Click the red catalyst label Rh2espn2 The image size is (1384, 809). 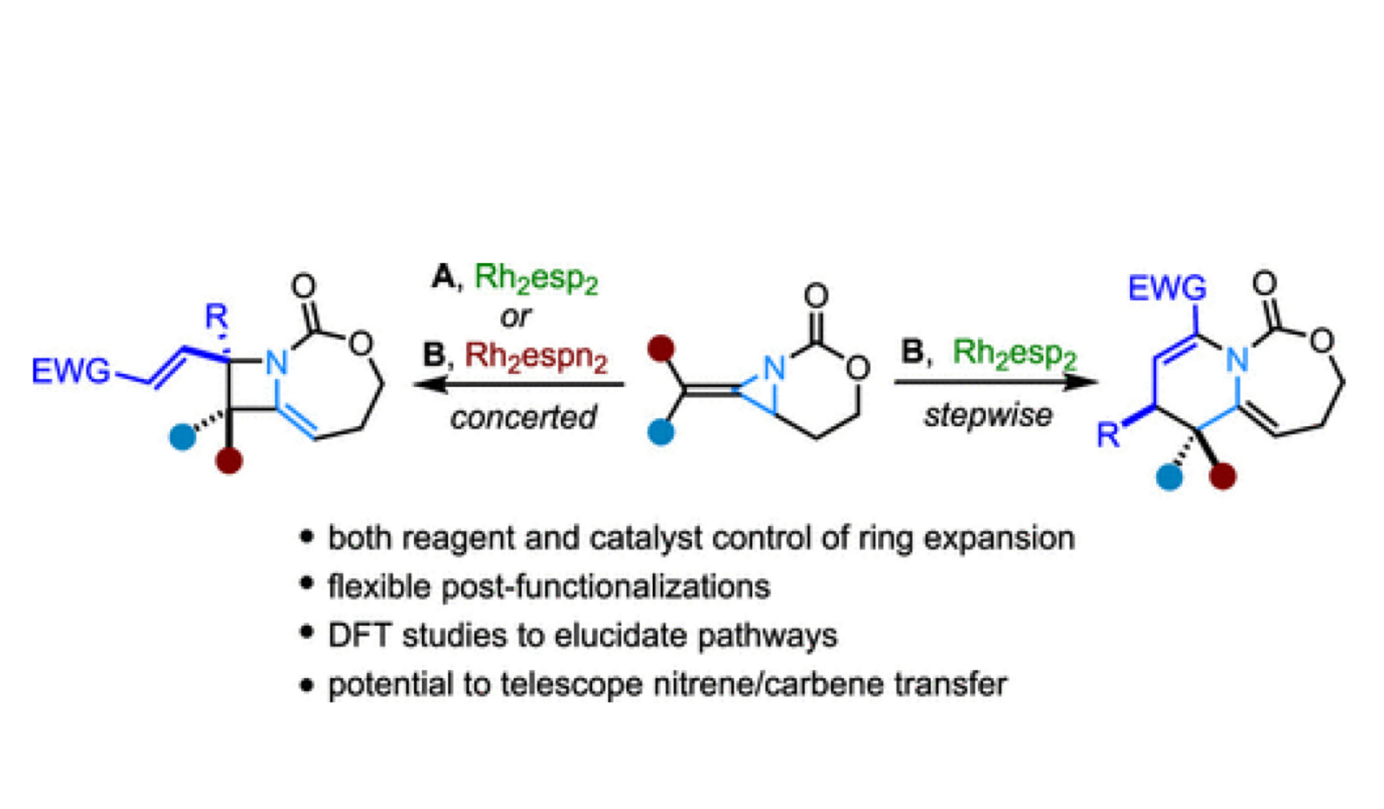pos(536,357)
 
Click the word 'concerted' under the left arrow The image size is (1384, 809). pos(523,417)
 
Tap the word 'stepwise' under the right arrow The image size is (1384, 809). pos(988,416)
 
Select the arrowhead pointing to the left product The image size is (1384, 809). pos(430,384)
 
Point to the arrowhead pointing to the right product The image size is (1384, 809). pos(1080,381)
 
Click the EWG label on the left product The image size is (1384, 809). pos(71,371)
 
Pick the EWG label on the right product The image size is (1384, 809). pos(1167,288)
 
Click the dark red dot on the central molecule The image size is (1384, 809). pos(661,349)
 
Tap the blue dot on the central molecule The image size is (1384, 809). pos(660,432)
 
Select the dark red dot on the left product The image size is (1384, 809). pos(229,460)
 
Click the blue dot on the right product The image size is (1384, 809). pos(1169,477)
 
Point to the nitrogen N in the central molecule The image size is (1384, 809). pos(774,368)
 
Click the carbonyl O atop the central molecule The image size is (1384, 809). pos(816,296)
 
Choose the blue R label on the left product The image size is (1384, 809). pos(216,316)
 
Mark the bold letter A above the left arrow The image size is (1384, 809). pos(443,277)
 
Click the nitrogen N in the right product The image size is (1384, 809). pos(1237,360)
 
